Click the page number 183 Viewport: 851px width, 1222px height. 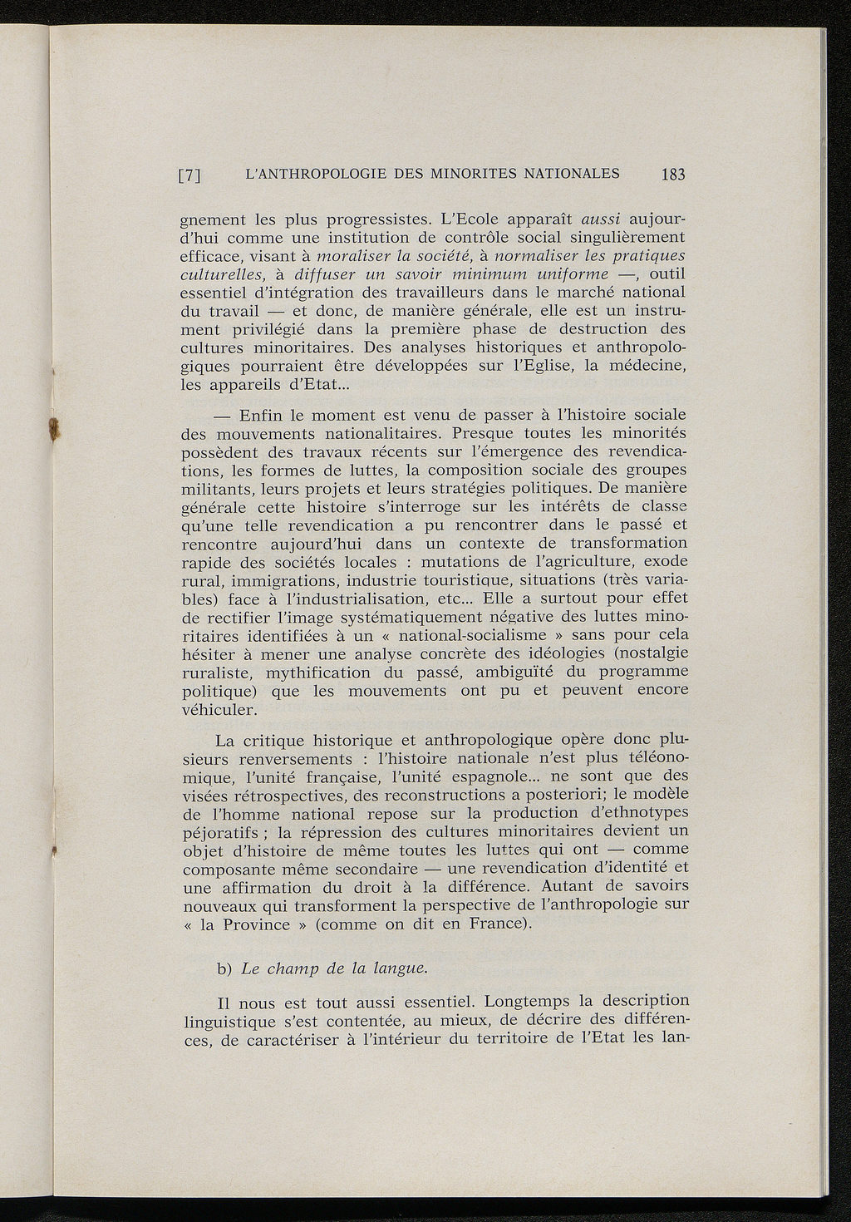click(x=673, y=175)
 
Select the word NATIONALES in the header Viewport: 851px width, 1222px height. click(x=568, y=174)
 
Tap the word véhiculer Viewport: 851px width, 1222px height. click(x=219, y=710)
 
